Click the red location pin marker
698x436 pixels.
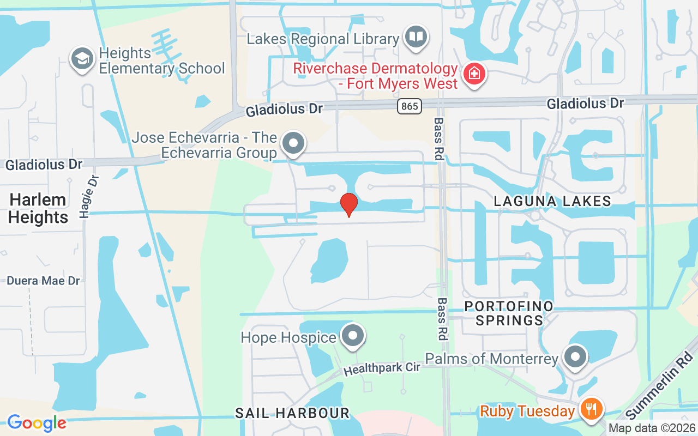coord(349,204)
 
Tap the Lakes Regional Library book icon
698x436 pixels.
coord(417,37)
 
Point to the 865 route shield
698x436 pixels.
coord(410,106)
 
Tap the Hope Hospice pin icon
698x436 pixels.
coord(353,336)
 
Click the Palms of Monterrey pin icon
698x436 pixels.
coord(575,358)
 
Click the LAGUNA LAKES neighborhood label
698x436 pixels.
coord(552,201)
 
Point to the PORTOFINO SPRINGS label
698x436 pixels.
coord(509,313)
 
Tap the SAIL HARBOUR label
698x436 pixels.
coord(292,413)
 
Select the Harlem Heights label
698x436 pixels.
coord(38,208)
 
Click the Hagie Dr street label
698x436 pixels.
coord(89,196)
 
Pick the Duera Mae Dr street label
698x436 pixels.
coord(43,281)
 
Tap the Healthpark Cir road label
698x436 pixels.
coord(382,369)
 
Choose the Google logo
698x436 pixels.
coord(37,423)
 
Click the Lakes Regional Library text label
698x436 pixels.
coord(323,39)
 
